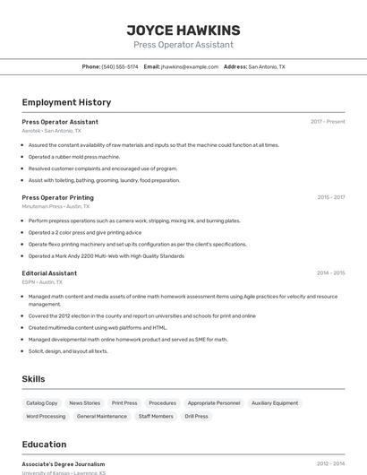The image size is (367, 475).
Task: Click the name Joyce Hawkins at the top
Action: coord(183,30)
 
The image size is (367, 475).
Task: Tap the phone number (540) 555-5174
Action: coord(120,66)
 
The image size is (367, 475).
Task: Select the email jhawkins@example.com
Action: coord(190,66)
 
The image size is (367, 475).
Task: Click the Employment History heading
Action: coord(66,102)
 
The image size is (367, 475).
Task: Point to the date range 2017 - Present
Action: coord(328,121)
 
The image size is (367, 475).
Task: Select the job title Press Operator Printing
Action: coord(57,197)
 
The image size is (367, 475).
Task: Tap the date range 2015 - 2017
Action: coord(330,197)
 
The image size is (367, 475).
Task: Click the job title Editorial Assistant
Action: coord(49,272)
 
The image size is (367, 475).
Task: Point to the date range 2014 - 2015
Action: coord(330,272)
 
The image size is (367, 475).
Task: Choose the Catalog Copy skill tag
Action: coord(42,403)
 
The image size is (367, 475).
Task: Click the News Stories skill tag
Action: coord(85,403)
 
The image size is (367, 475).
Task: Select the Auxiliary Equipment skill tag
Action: coord(275,403)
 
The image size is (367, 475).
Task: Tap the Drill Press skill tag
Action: coord(196,416)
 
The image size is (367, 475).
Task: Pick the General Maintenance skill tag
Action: coord(102,416)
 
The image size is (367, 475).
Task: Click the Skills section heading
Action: coord(34,379)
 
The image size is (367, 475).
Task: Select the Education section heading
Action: coord(44,444)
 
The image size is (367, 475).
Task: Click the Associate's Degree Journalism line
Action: coord(64,464)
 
